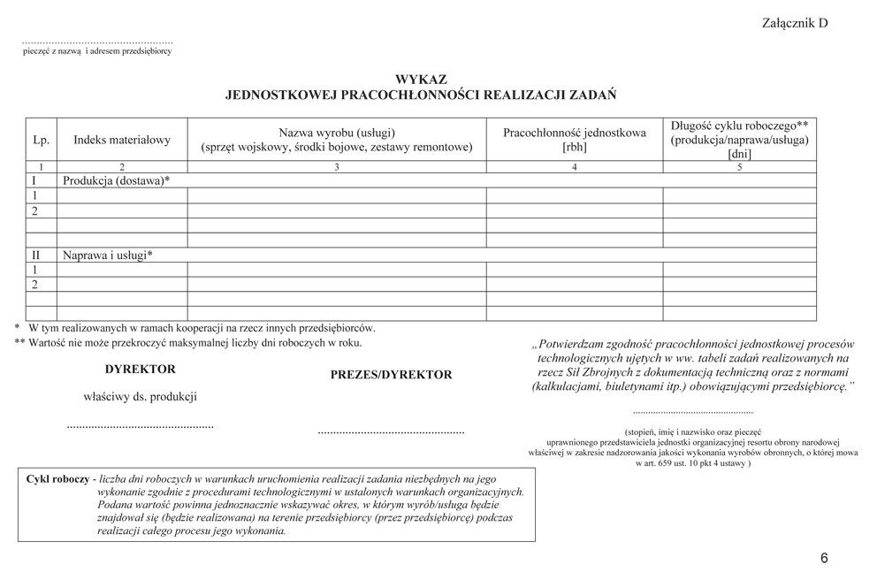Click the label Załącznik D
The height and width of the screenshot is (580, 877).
[x=794, y=23]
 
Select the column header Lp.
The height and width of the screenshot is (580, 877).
[x=41, y=140]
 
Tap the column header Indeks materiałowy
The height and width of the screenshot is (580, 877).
[x=122, y=140]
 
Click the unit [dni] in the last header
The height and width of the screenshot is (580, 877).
[x=739, y=154]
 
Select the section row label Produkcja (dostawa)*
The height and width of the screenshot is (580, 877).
[x=116, y=180]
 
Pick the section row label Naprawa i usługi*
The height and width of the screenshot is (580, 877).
[x=108, y=255]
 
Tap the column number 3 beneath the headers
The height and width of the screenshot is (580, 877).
[x=336, y=166]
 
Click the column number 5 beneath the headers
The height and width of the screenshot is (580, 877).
[x=739, y=166]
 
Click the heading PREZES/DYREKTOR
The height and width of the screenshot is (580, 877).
[x=391, y=375]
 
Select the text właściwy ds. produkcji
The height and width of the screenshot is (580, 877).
[x=140, y=397]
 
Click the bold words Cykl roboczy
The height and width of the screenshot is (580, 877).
[x=57, y=478]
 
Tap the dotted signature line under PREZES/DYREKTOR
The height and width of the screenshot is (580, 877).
[x=390, y=432]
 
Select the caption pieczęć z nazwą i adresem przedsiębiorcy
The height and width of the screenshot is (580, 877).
[x=96, y=51]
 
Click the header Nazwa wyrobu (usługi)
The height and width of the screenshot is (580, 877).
[x=336, y=132]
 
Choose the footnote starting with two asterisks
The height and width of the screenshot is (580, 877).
[x=188, y=342]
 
